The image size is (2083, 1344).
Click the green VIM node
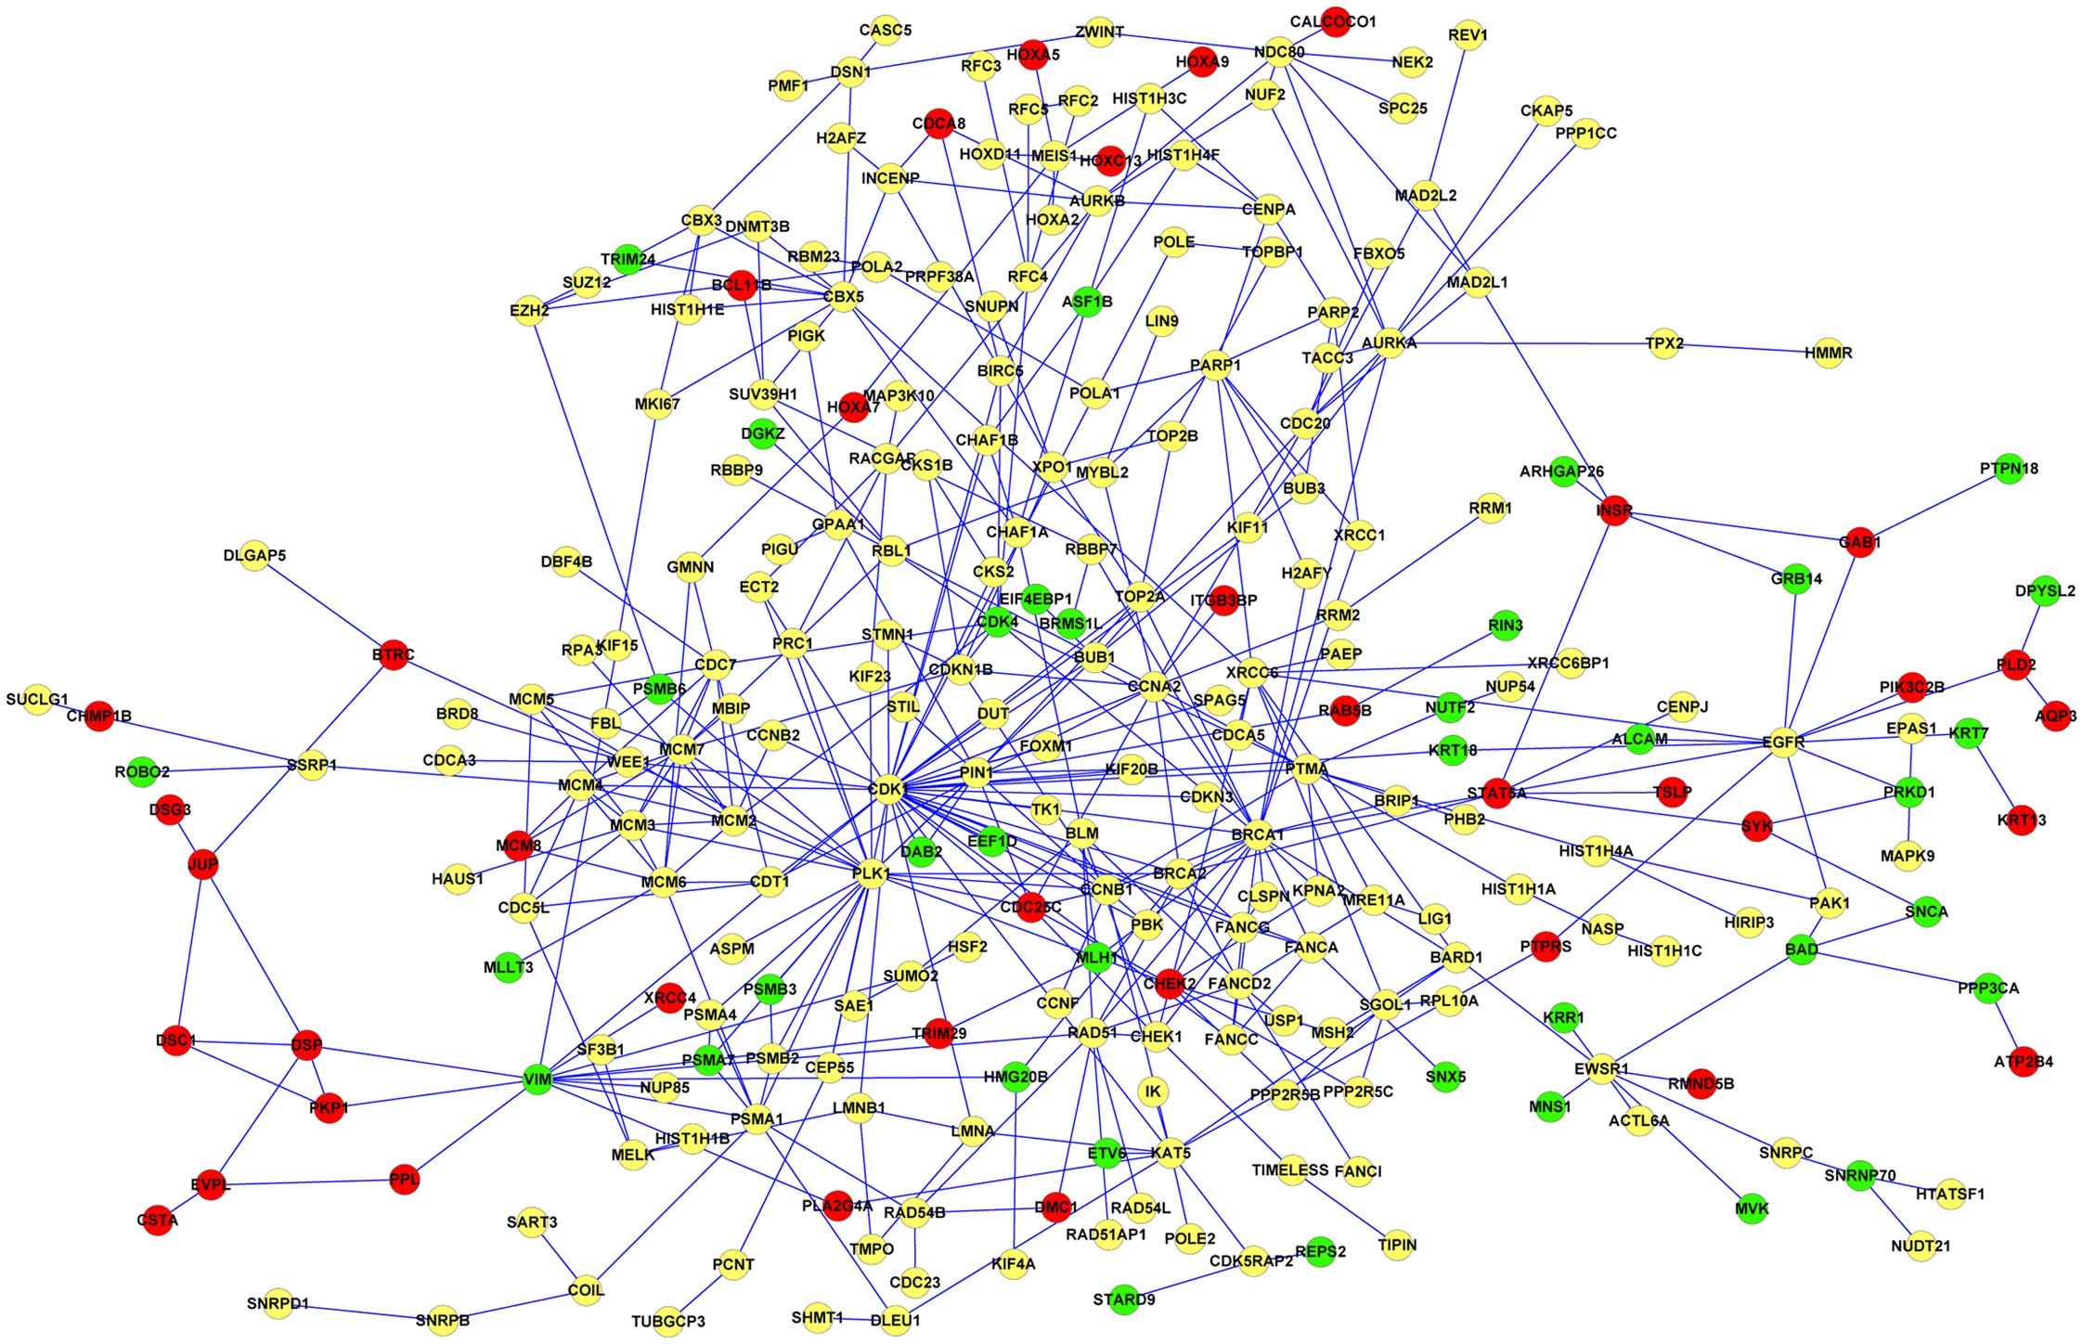click(x=537, y=1080)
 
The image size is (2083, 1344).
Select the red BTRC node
click(x=394, y=655)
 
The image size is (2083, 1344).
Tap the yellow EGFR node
click(x=1782, y=742)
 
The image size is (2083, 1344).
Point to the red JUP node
click(x=202, y=864)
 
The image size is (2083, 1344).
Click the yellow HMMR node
click(x=1828, y=354)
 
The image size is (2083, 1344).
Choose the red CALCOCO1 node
click(x=1335, y=22)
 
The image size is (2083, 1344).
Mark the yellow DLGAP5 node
click(x=254, y=556)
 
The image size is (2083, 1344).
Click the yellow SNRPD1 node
click(x=278, y=1304)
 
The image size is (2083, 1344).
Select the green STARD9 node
click(x=1123, y=1299)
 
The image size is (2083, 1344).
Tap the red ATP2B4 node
click(x=2024, y=1062)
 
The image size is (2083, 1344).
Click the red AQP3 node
click(x=2055, y=716)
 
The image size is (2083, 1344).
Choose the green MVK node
click(x=1752, y=1208)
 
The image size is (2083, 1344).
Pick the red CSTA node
click(x=157, y=1220)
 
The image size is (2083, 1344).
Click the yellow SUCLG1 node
click(x=37, y=700)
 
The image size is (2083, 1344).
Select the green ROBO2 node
click(x=142, y=772)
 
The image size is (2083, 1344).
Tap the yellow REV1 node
click(x=1467, y=36)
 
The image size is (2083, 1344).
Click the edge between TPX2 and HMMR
click(x=1745, y=349)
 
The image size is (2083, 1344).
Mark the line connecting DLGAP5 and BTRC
click(x=324, y=605)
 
